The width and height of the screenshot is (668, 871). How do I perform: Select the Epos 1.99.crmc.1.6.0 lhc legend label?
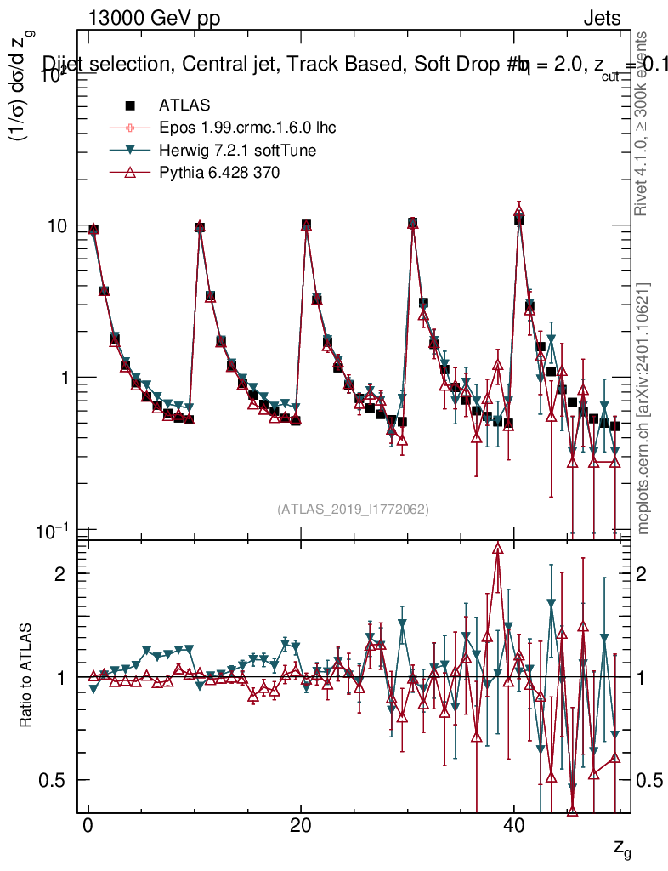tap(247, 128)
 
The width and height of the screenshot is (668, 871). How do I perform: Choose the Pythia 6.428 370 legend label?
tap(219, 173)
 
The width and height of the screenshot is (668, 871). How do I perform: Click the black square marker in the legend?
tap(130, 105)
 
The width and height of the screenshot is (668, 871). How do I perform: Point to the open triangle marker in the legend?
tap(130, 173)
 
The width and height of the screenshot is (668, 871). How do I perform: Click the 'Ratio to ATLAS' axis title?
tap(27, 677)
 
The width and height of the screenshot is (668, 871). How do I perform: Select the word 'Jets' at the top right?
tap(601, 19)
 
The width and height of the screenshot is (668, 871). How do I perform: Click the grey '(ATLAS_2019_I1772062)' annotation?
tap(353, 510)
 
